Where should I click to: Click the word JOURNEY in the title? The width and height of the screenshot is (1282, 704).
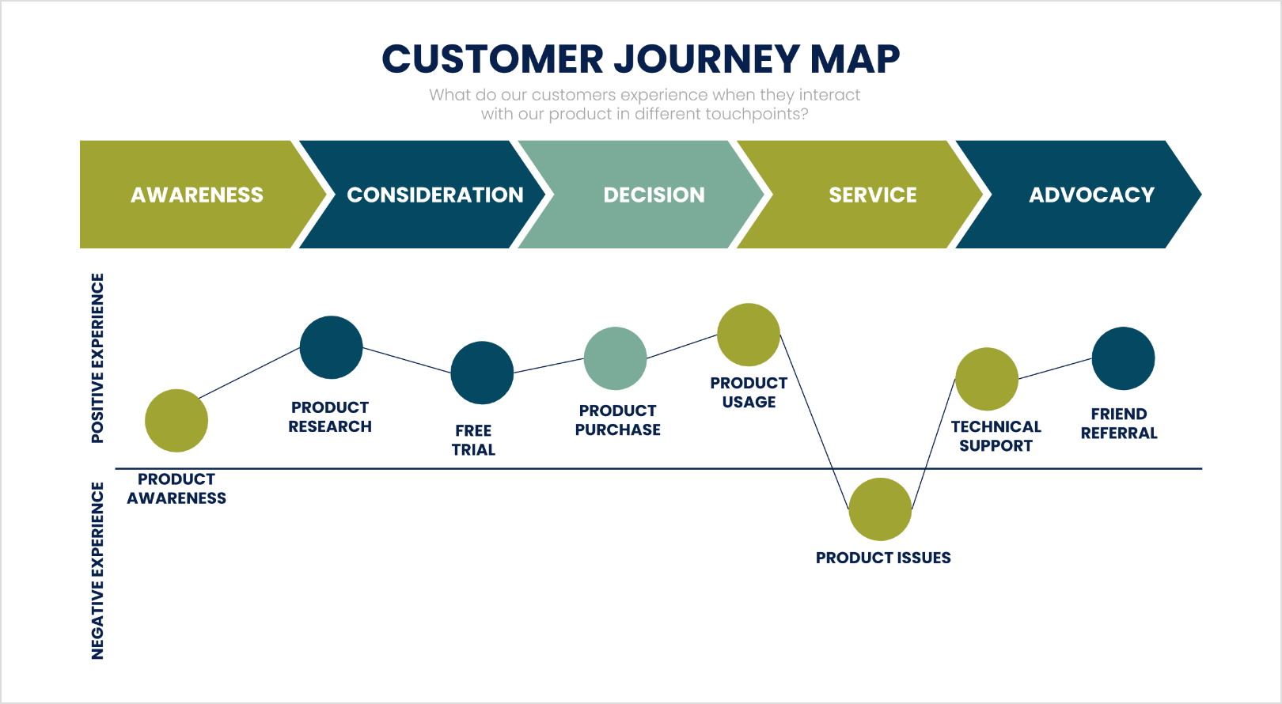coord(707,59)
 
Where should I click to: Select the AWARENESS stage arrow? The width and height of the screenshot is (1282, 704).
coord(197,195)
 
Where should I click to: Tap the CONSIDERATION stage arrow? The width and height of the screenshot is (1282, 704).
coord(434,195)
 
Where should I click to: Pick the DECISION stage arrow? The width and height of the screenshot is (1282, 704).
coord(654,195)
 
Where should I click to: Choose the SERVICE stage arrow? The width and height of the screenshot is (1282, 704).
coord(872,195)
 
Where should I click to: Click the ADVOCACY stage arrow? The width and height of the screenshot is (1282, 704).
coord(1091,195)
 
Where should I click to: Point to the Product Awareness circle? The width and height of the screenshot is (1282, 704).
coord(176,421)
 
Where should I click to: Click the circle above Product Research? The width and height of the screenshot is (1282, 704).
coord(331,347)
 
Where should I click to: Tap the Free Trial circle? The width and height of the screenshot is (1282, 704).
coord(482,373)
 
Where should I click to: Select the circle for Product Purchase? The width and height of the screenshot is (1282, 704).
coord(615,358)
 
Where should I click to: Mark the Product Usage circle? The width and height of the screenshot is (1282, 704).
coord(749,335)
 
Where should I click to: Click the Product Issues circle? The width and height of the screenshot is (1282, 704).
coord(880,509)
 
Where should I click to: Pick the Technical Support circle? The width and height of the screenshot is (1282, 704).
coord(987,379)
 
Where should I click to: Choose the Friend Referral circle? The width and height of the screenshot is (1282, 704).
coord(1123,358)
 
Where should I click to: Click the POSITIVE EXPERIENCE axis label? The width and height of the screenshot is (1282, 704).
coord(97,358)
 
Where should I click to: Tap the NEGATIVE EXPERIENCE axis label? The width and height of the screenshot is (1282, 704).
coord(97,570)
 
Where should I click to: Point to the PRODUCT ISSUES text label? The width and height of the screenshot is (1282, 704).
coord(883,558)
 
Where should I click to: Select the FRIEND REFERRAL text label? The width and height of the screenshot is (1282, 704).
coord(1119,423)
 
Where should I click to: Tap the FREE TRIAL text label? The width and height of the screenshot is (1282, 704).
coord(473,440)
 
